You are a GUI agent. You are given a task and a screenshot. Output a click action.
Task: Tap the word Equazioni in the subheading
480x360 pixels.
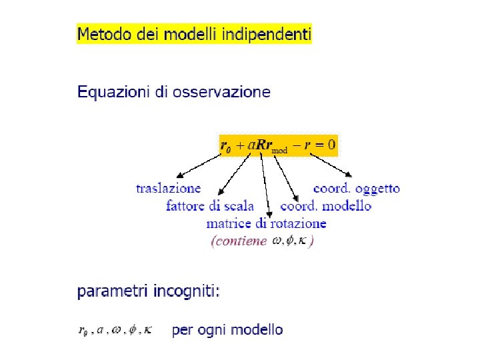(x=107, y=92)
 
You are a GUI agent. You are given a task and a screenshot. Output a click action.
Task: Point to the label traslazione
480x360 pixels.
(x=168, y=189)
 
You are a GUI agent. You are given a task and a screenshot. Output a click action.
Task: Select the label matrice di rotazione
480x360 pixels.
(x=266, y=223)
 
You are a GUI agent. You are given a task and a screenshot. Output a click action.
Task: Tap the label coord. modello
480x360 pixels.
(x=325, y=206)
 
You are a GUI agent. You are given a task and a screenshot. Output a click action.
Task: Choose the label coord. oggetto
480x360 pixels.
(x=357, y=189)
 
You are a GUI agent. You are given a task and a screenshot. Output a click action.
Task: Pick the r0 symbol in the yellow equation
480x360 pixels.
(x=225, y=145)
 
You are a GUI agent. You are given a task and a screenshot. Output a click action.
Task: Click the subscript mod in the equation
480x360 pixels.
(x=280, y=151)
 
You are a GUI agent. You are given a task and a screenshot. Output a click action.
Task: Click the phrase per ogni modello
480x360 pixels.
(x=227, y=329)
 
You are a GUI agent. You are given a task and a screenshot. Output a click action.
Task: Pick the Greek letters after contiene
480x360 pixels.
(x=291, y=241)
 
